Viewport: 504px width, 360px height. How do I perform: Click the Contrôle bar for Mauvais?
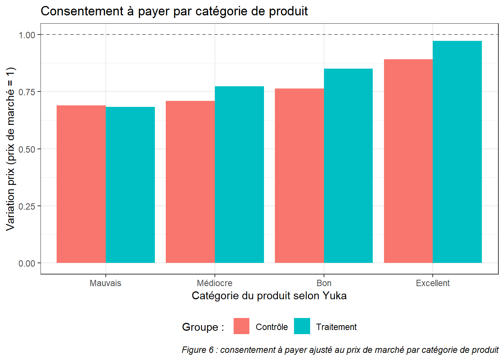(81, 184)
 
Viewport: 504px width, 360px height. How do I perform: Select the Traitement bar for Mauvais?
(130, 185)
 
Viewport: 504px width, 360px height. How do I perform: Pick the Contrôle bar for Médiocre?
(190, 182)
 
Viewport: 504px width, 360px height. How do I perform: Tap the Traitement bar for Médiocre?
(239, 175)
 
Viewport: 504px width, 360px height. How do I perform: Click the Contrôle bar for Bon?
(299, 175)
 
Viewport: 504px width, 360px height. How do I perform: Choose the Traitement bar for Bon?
(348, 166)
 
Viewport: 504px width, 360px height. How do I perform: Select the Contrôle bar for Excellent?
(408, 161)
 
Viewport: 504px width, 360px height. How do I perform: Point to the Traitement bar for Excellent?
(457, 152)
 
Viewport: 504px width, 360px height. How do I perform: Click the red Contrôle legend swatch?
(241, 326)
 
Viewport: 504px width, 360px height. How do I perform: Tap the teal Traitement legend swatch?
(302, 326)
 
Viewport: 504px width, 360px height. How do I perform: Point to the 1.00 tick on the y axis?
(27, 35)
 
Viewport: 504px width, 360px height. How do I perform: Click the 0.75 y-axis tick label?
(27, 92)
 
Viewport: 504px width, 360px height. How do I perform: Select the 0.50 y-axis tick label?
(27, 149)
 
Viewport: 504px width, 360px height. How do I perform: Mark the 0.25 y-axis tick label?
(27, 206)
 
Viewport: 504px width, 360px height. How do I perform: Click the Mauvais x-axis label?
(105, 283)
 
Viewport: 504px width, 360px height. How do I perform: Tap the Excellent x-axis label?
(433, 283)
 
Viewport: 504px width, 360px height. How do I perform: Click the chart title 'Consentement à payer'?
(174, 11)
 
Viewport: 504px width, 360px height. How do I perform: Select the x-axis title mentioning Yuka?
(269, 296)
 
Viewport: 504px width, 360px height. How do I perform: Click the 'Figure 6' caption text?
(340, 350)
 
